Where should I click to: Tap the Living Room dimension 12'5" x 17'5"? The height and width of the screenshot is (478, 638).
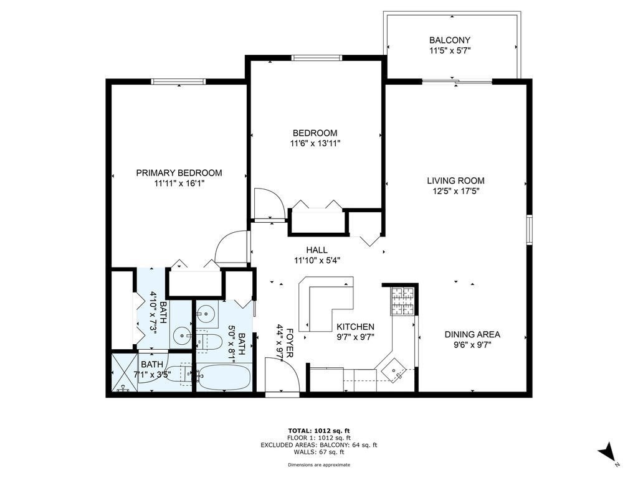click(455, 191)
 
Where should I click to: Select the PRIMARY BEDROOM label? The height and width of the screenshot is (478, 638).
click(179, 173)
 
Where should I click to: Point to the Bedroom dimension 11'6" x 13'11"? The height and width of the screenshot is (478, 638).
click(315, 143)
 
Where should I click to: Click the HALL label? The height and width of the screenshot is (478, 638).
click(317, 250)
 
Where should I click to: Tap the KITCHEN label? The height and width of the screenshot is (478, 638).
click(355, 327)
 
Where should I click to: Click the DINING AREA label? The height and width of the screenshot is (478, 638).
click(472, 334)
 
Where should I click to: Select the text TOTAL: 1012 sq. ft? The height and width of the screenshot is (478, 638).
click(318, 431)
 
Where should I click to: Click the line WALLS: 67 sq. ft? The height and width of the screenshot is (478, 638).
click(318, 452)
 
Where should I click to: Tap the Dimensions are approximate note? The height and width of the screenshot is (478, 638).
click(318, 465)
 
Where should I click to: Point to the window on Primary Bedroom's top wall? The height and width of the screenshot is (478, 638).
click(179, 81)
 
